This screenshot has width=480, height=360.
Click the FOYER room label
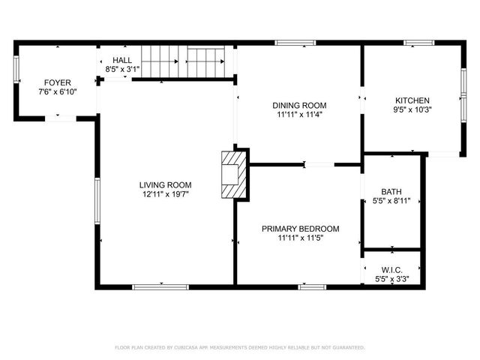click(x=57, y=82)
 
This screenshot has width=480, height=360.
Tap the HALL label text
click(x=122, y=60)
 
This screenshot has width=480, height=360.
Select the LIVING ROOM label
click(x=165, y=184)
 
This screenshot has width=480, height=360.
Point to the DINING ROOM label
click(x=299, y=106)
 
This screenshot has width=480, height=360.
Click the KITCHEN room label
click(x=412, y=100)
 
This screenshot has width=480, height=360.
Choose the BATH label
click(x=391, y=191)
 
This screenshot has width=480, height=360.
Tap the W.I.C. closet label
click(x=391, y=269)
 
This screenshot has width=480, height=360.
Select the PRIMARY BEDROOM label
click(x=300, y=229)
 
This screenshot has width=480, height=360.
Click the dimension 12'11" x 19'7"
click(x=165, y=194)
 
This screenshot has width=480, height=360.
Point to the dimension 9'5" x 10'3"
click(x=412, y=109)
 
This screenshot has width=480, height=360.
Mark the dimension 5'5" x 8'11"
click(x=391, y=201)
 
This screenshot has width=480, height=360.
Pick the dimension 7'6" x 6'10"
click(x=57, y=91)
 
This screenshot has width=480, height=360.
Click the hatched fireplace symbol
click(x=233, y=175)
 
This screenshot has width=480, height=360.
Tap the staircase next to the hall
click(x=183, y=61)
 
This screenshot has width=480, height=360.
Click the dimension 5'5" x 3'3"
click(x=391, y=279)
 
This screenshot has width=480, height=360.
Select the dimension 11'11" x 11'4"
click(x=299, y=115)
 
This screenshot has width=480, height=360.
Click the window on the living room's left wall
click(x=97, y=200)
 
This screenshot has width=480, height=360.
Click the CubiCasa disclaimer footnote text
click(x=239, y=347)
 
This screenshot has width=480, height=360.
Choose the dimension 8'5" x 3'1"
click(x=122, y=70)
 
